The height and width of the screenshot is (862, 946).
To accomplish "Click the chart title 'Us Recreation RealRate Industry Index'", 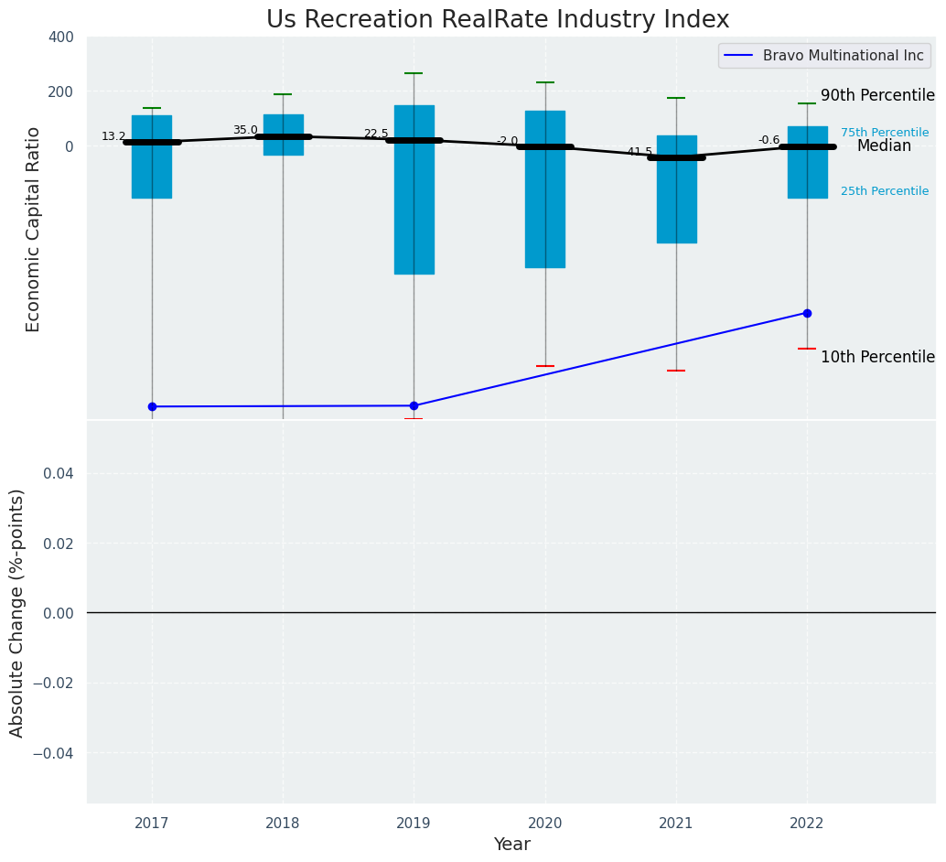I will [498, 20].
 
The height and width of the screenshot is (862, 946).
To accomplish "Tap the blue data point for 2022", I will [807, 313].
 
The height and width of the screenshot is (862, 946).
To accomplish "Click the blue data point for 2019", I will [414, 405].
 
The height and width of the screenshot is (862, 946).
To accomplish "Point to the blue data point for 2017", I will [152, 406].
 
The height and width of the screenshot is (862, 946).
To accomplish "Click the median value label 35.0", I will [245, 130].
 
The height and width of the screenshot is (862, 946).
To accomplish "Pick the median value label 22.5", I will [376, 134].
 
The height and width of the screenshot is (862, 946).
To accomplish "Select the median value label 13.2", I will [113, 136].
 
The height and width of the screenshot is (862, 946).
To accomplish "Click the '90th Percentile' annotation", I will [877, 96].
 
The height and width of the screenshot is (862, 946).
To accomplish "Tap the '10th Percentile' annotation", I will [877, 358].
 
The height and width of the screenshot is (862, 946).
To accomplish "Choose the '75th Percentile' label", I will [885, 133].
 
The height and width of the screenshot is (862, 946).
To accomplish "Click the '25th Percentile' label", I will [885, 191].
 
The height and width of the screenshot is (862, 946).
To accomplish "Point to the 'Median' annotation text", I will [884, 146].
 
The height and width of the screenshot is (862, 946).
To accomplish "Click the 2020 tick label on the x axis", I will [545, 824].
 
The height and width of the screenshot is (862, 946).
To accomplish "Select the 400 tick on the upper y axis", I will [60, 38].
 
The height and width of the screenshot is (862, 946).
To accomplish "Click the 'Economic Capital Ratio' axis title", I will [34, 229].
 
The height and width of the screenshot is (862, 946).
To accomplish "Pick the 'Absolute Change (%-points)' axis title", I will [17, 612].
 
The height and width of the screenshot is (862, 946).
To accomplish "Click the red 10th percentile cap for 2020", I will [545, 366].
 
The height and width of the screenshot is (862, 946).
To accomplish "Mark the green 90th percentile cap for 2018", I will [283, 94].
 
